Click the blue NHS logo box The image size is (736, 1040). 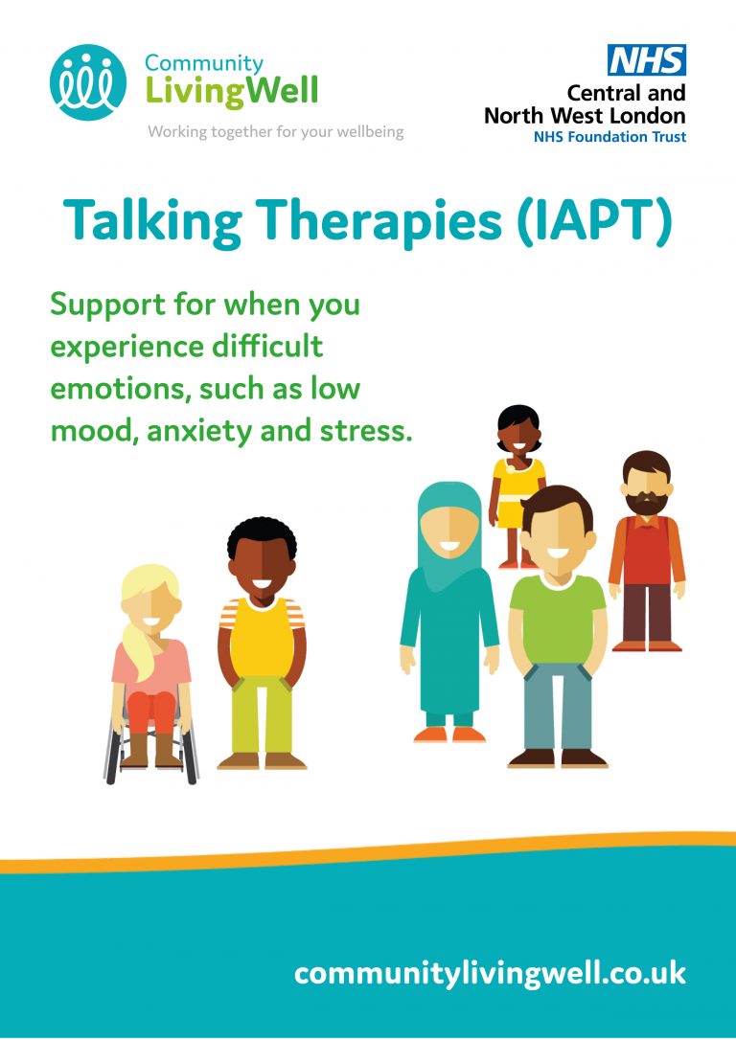click(647, 60)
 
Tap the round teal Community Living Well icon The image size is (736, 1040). click(87, 82)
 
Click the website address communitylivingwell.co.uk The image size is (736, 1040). click(490, 974)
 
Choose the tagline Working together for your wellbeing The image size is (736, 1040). click(275, 131)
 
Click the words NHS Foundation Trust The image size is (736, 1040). click(609, 137)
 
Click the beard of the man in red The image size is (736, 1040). click(646, 503)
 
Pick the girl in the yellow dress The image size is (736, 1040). click(518, 486)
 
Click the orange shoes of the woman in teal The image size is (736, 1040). click(449, 735)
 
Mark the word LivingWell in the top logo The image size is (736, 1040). click(232, 91)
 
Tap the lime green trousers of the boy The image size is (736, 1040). click(262, 716)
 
